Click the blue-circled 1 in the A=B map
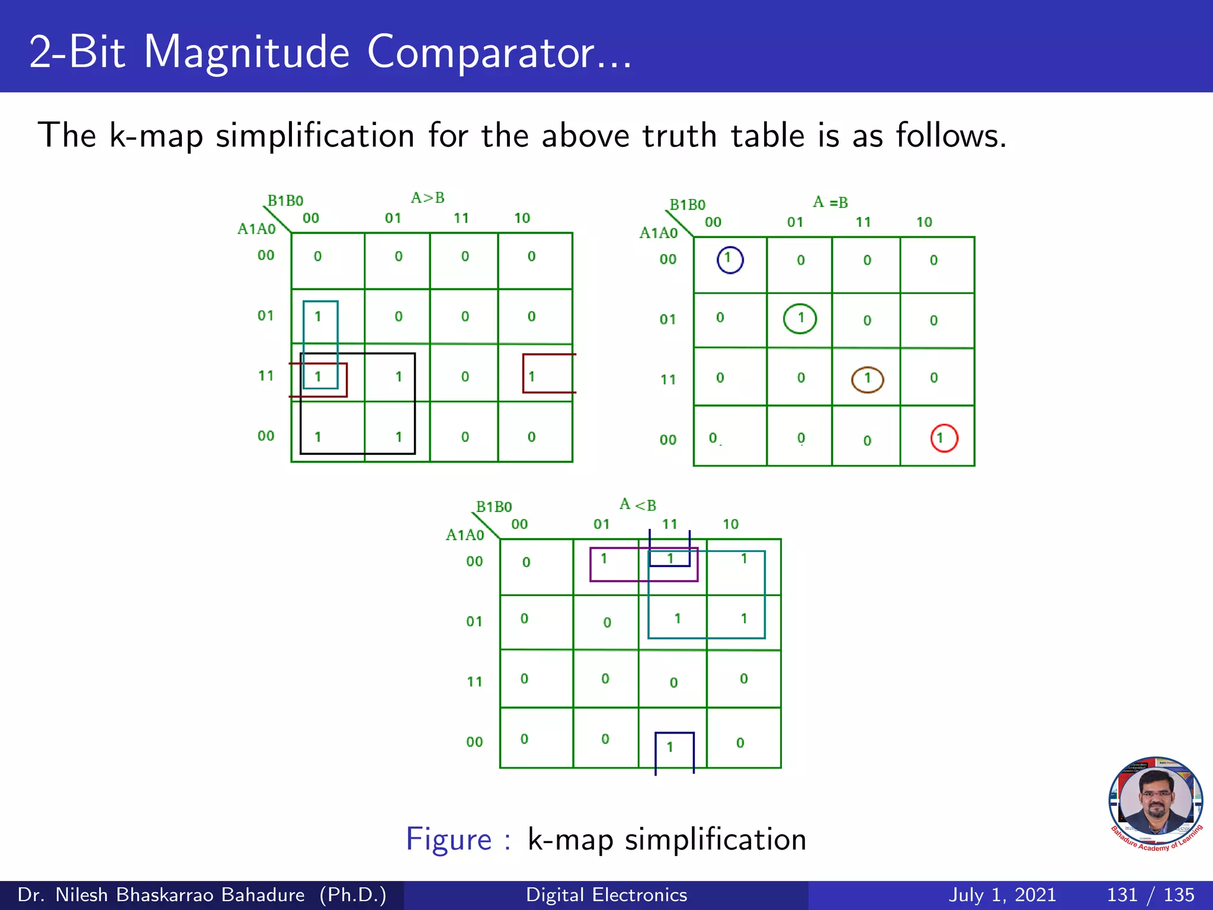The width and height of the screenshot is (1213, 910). coord(730,259)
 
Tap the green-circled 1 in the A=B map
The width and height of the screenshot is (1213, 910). coord(800,319)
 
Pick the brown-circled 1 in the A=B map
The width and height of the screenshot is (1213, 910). coord(867,379)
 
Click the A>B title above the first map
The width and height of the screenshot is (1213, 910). coord(428,198)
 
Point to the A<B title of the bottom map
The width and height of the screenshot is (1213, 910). coord(638,505)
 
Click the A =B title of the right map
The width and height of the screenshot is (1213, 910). coord(830,203)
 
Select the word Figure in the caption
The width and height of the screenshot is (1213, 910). coord(448,839)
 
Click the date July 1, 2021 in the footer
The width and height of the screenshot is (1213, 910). coord(1002,895)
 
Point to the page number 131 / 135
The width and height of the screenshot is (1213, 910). coord(1150,895)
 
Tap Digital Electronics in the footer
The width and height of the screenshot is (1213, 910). coord(606,895)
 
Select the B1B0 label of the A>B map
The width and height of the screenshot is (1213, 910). coord(285,201)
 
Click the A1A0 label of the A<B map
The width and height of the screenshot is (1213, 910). coord(465,535)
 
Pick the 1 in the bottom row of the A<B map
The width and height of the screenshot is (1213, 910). coord(670,747)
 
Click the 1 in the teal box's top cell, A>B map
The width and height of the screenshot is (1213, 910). coord(318,316)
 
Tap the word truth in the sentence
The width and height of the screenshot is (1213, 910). coord(680,136)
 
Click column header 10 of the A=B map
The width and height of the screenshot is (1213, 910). coord(924,222)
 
